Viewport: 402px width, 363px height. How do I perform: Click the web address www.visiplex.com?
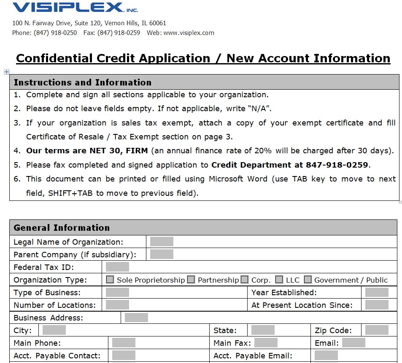(x=189, y=33)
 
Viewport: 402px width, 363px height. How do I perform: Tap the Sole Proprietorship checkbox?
(x=110, y=279)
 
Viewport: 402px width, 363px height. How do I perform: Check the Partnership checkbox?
(x=191, y=279)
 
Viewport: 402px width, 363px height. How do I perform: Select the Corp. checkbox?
(x=245, y=279)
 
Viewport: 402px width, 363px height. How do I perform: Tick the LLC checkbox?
(x=279, y=279)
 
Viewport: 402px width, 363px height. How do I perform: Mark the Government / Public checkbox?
(x=308, y=279)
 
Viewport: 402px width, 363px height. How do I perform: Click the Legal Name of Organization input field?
(x=162, y=241)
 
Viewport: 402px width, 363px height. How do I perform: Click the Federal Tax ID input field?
(x=117, y=267)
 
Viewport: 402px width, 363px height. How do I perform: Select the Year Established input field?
(x=377, y=292)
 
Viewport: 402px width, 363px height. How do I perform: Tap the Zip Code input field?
(x=377, y=330)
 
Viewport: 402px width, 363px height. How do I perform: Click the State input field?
(x=263, y=330)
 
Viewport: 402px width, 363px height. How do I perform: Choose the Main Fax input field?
(x=266, y=343)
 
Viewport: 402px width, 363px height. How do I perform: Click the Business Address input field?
(x=136, y=318)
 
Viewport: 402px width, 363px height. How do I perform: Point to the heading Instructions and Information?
(x=82, y=83)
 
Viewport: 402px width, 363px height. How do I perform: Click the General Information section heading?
(x=62, y=228)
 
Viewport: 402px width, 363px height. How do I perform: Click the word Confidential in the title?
(x=54, y=58)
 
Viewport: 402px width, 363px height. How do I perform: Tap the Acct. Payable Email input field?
(x=326, y=355)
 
